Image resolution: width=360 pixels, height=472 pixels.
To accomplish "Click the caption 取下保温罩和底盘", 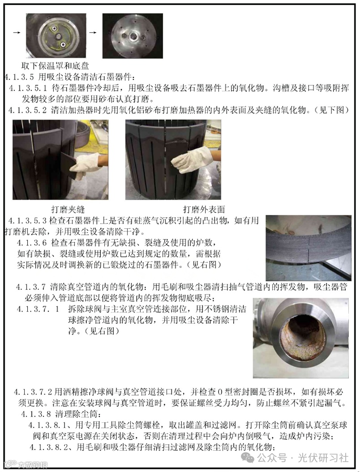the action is tap(55, 66).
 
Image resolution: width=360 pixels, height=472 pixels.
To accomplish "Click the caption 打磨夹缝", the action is tap(68, 209).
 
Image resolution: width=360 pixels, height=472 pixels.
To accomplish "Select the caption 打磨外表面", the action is tap(204, 209).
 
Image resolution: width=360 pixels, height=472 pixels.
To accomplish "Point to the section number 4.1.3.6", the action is tap(32, 243).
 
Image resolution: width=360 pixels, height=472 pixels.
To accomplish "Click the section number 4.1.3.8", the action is tap(36, 414).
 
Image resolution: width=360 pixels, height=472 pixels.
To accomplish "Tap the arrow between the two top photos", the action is tap(93, 33).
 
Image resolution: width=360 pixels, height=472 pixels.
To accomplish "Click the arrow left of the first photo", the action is tap(17, 33).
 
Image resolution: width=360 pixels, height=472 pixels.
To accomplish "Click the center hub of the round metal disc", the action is tap(133, 37).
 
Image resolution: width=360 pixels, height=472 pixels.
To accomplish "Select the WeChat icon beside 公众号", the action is tap(249, 458).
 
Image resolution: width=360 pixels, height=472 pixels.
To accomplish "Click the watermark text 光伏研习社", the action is tap(323, 458).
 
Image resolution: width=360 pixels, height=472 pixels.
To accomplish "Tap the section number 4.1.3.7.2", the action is tap(33, 392).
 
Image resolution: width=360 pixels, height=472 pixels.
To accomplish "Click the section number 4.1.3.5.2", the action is tap(28, 110).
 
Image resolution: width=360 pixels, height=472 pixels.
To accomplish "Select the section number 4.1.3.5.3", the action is tap(28, 221).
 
